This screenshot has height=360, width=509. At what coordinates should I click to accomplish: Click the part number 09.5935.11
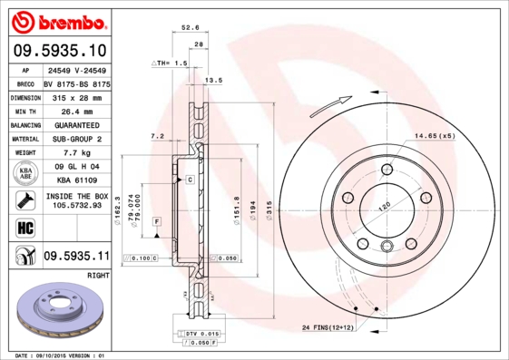pyautogui.click(x=76, y=258)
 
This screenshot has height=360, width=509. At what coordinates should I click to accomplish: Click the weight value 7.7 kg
pyautogui.click(x=64, y=153)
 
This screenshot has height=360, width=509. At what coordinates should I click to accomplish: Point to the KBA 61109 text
pyautogui.click(x=69, y=182)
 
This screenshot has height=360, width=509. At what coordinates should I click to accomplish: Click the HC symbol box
pyautogui.click(x=24, y=227)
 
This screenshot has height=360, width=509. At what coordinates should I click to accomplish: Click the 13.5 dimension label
pyautogui.click(x=214, y=81)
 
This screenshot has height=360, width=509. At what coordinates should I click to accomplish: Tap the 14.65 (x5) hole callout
pyautogui.click(x=434, y=135)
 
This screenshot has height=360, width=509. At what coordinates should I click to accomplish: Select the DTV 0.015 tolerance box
pyautogui.click(x=201, y=335)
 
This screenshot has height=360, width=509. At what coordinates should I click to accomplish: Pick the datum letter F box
pyautogui.click(x=156, y=221)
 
